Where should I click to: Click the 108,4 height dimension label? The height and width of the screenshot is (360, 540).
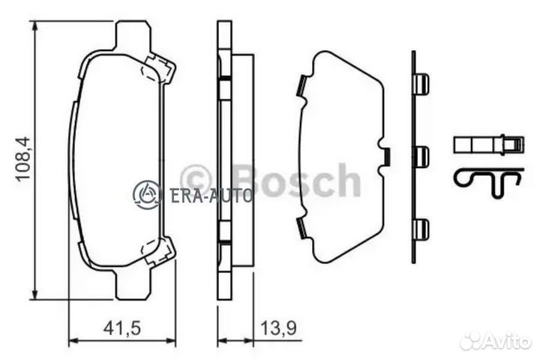(22, 159)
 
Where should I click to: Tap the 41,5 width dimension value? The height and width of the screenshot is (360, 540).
(122, 328)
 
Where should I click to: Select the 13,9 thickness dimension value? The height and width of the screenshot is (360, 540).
(278, 328)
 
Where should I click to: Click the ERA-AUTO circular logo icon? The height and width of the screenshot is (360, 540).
(147, 194)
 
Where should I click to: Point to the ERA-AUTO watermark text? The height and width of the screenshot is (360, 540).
(211, 195)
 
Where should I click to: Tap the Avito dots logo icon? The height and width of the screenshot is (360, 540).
(472, 343)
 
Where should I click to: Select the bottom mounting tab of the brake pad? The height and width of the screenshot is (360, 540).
(133, 285)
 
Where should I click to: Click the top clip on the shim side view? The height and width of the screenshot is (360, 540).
(421, 83)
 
